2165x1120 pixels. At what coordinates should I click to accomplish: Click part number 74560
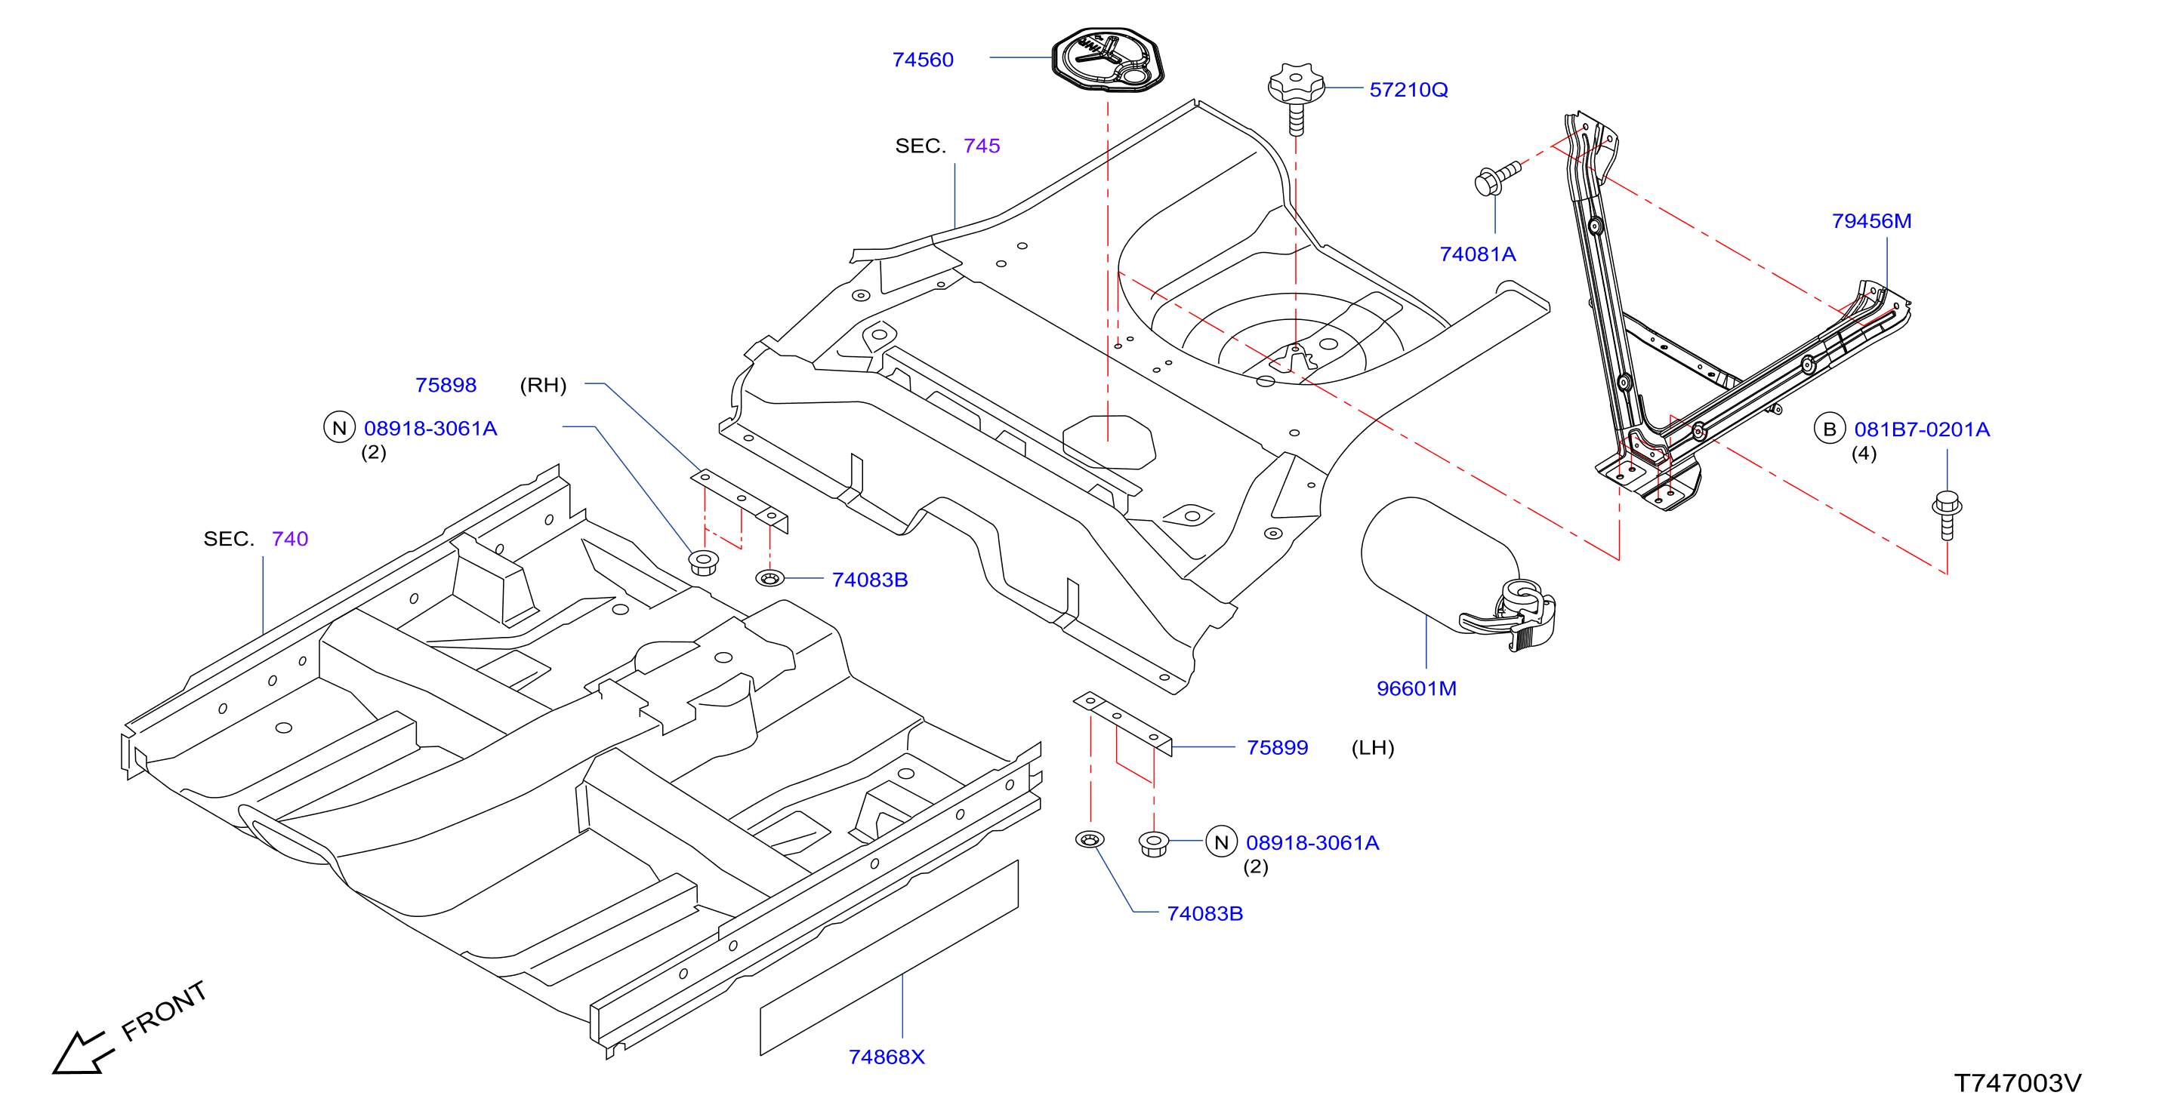coord(923,60)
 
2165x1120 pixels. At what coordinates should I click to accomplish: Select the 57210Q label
coord(1408,90)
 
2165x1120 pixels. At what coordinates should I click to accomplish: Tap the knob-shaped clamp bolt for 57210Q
coord(1296,97)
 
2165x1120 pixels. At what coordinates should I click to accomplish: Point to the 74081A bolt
coord(1497,178)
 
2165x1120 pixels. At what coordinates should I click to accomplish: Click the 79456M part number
coord(1872,221)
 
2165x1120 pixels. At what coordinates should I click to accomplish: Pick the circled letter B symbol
coord(1829,429)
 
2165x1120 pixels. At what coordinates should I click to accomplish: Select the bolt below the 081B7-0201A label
coord(1948,514)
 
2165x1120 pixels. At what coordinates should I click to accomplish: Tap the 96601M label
coord(1416,688)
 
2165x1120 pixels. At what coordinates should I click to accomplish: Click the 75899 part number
coord(1278,747)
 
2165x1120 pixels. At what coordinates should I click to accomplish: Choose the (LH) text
coord(1372,748)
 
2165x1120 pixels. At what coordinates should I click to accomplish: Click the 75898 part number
coord(446,385)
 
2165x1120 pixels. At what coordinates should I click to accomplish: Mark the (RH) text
coord(543,386)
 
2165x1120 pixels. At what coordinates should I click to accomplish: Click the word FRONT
coord(164,1011)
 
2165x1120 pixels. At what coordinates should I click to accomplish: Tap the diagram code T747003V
coord(2017,1083)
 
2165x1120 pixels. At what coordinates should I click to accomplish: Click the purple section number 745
coord(982,146)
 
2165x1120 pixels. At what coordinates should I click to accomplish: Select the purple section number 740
coord(290,539)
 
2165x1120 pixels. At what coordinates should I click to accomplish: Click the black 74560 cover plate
coord(1108,59)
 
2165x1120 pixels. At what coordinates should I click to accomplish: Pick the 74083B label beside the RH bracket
coord(870,580)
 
